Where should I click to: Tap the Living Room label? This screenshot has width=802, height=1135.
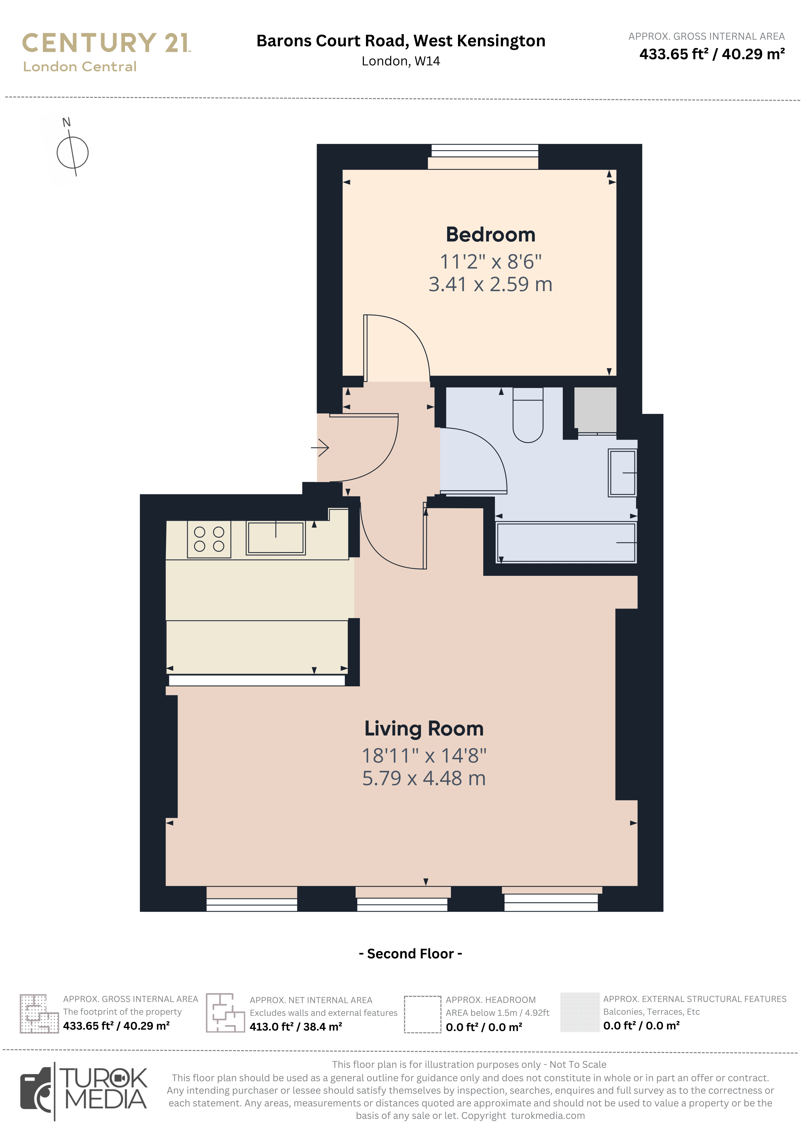point(424,729)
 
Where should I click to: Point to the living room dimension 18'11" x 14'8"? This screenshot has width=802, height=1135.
point(424,756)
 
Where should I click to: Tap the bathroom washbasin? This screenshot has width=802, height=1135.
point(622,473)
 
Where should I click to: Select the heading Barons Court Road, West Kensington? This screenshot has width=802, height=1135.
point(401,41)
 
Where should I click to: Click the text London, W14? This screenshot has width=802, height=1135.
point(401,61)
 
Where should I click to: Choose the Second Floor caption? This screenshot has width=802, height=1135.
point(410,954)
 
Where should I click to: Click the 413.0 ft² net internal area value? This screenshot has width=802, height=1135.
point(295,1027)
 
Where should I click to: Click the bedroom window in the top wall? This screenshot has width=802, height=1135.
point(485,151)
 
